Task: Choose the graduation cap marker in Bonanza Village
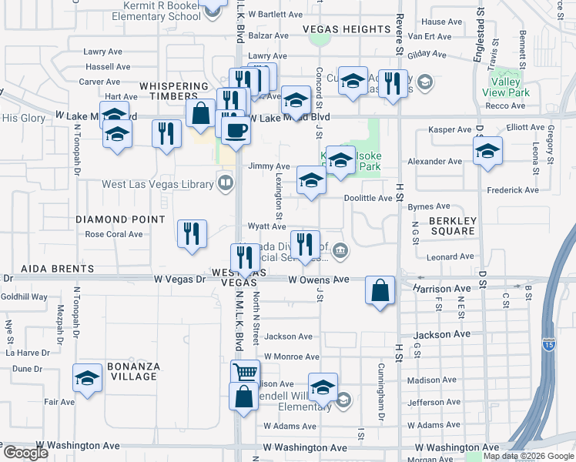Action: (87, 378)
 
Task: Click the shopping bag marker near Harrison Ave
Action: (380, 290)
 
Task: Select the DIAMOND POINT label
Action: (120, 219)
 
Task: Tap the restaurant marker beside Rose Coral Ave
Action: (192, 233)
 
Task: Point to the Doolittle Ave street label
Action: (368, 199)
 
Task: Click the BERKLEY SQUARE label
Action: (452, 225)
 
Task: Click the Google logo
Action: (25, 453)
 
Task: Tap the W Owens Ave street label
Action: (319, 280)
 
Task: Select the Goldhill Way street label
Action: (24, 296)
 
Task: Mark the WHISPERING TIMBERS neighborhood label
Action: (174, 92)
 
